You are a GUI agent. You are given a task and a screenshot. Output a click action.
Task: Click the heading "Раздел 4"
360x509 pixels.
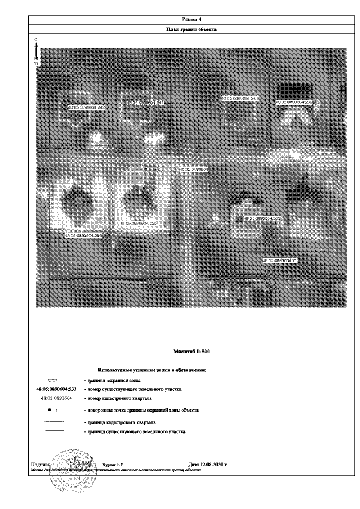pos(192,19)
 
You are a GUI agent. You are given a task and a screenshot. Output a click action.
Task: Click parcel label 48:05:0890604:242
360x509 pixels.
pos(87,106)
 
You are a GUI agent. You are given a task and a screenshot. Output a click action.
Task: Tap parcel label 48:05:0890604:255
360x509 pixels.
pos(138,223)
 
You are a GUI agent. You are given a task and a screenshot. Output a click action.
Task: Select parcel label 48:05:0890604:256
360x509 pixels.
pos(83,235)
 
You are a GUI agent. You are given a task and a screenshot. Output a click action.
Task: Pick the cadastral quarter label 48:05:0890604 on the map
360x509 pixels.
pos(193,169)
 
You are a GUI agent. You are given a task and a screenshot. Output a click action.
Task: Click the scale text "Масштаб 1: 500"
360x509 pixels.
pos(192,352)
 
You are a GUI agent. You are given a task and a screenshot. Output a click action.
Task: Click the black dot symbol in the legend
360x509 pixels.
pos(49,410)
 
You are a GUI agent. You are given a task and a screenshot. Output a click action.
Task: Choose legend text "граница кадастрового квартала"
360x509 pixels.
pos(119,422)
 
